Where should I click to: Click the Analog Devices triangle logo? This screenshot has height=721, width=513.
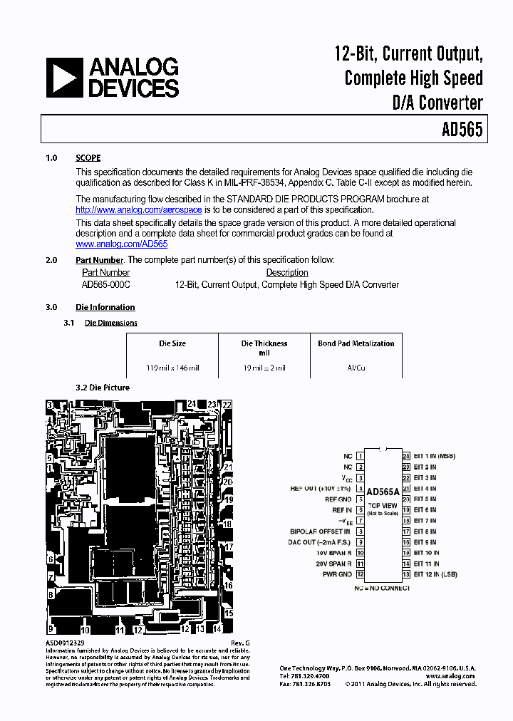point(65,78)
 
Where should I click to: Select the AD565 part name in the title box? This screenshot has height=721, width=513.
point(462,130)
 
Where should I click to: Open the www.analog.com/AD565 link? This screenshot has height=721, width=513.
point(122,244)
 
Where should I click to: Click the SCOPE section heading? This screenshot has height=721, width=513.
point(88,158)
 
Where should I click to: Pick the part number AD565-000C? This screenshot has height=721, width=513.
point(106,284)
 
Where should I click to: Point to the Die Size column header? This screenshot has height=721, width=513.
point(172,343)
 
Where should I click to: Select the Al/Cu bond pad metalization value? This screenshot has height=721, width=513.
point(356,368)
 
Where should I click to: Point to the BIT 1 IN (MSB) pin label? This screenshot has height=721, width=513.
point(434,456)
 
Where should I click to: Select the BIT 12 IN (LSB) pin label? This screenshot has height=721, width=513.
point(435,574)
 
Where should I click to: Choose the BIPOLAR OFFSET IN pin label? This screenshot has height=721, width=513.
point(320,531)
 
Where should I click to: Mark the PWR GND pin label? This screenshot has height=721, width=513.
point(337,574)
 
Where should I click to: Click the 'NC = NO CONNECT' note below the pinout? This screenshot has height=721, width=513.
point(382,588)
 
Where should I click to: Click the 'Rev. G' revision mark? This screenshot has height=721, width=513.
point(241,643)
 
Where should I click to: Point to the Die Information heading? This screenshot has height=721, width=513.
point(105,307)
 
